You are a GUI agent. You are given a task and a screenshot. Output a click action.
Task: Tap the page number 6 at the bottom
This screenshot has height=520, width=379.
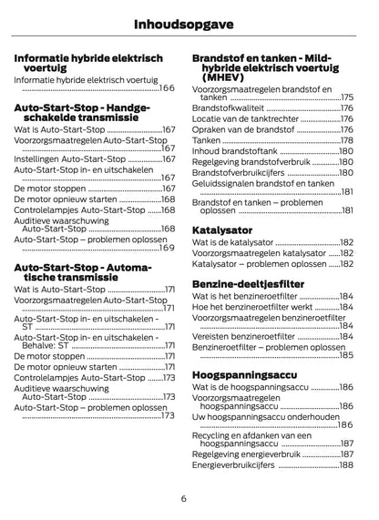184,498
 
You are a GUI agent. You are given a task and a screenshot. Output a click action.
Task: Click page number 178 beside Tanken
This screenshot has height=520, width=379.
346,140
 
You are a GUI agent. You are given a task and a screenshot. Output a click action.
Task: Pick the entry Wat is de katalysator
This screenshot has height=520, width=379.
232,243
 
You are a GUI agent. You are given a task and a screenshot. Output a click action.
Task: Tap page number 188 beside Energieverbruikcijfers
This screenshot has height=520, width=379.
346,464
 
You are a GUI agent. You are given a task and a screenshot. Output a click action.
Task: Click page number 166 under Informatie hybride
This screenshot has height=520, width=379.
167,88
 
